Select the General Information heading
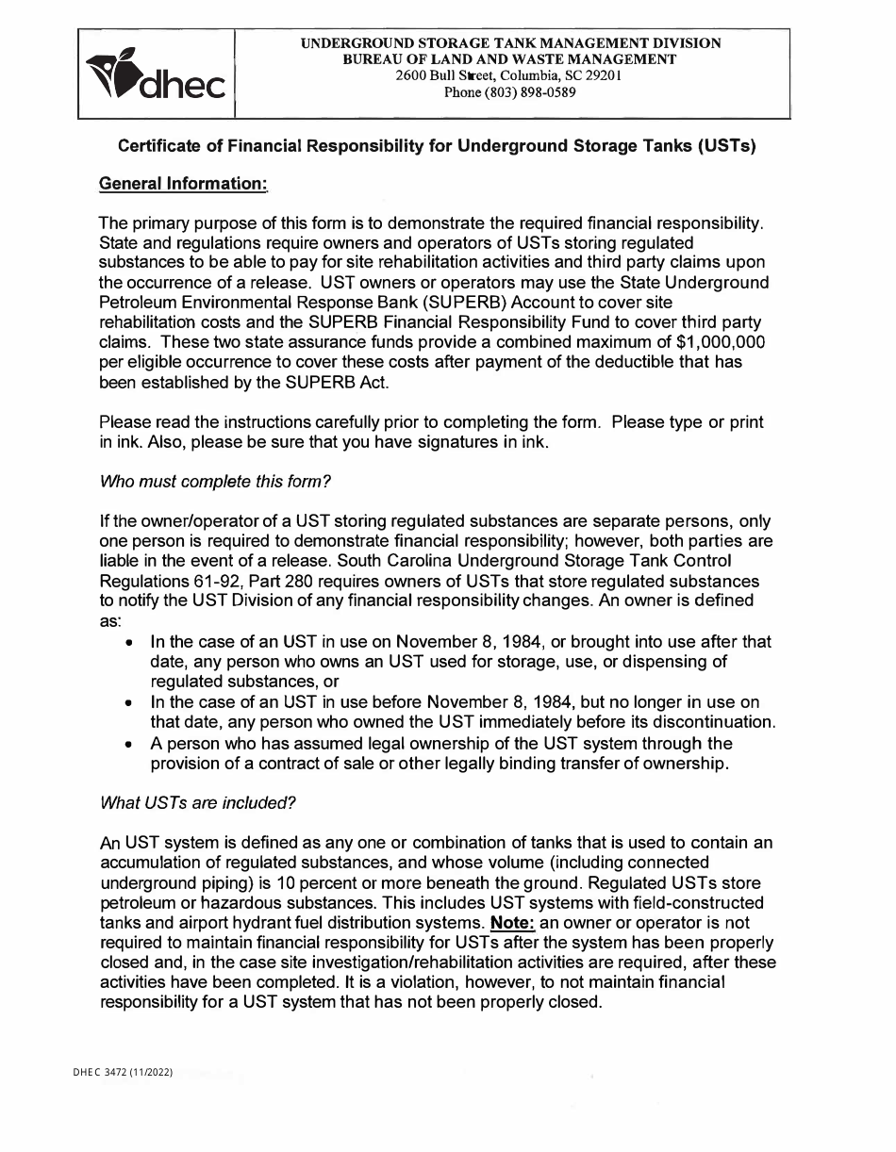[183, 184]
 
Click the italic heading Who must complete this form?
[215, 482]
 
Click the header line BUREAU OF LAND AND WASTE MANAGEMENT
[510, 59]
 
